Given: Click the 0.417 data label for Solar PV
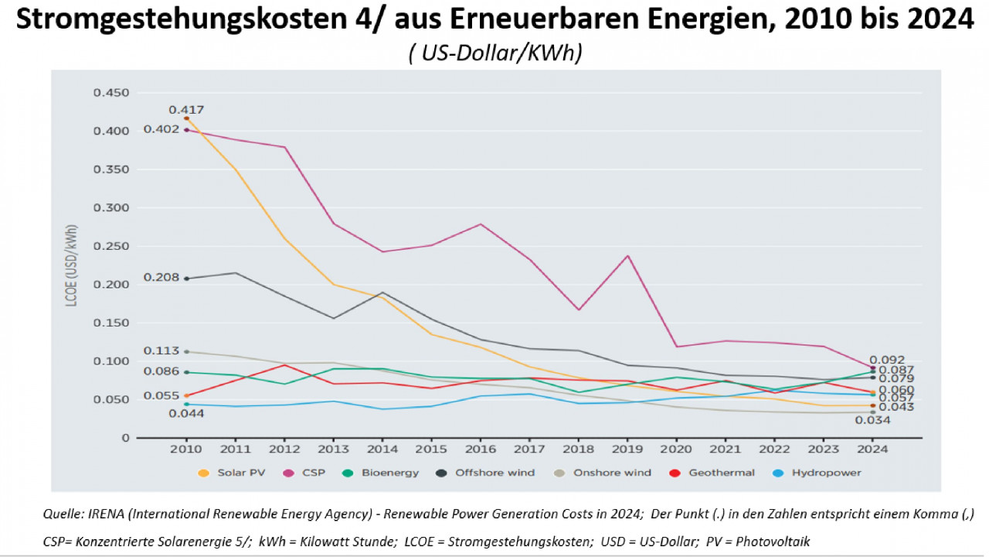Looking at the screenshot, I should tap(186, 110).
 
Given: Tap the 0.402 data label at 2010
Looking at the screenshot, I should tap(161, 129).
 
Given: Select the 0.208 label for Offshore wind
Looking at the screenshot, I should tap(161, 278).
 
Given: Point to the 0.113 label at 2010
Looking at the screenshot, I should tap(161, 351).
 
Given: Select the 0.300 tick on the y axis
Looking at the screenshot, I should tap(111, 208).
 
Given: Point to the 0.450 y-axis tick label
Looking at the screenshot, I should tap(111, 93).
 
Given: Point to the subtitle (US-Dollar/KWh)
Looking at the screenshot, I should tap(494, 53).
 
